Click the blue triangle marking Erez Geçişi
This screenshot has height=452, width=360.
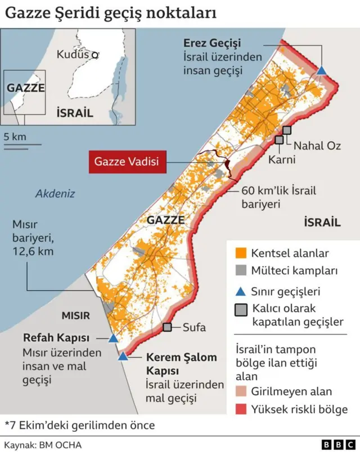pos(321,71)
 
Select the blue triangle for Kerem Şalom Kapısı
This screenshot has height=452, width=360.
pos(123,356)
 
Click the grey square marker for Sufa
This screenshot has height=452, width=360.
pos(167,327)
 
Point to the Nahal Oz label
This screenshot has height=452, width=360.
pos(317,146)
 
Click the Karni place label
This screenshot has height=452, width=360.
pos(282,160)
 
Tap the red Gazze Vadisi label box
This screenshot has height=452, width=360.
pos(127,161)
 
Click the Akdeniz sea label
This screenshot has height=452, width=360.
pos(55,194)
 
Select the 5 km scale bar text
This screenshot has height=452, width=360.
pos(15,137)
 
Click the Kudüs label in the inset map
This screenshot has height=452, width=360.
pos(73,55)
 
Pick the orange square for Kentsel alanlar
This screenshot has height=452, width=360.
pos(242,253)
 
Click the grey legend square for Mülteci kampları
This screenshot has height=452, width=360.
pos(242,271)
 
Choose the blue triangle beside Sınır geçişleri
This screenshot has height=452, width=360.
pos(241,291)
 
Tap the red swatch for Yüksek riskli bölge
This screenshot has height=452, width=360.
pos(241,409)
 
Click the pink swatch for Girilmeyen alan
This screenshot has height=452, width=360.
pos(241,391)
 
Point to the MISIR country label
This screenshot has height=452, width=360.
pos(76,315)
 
